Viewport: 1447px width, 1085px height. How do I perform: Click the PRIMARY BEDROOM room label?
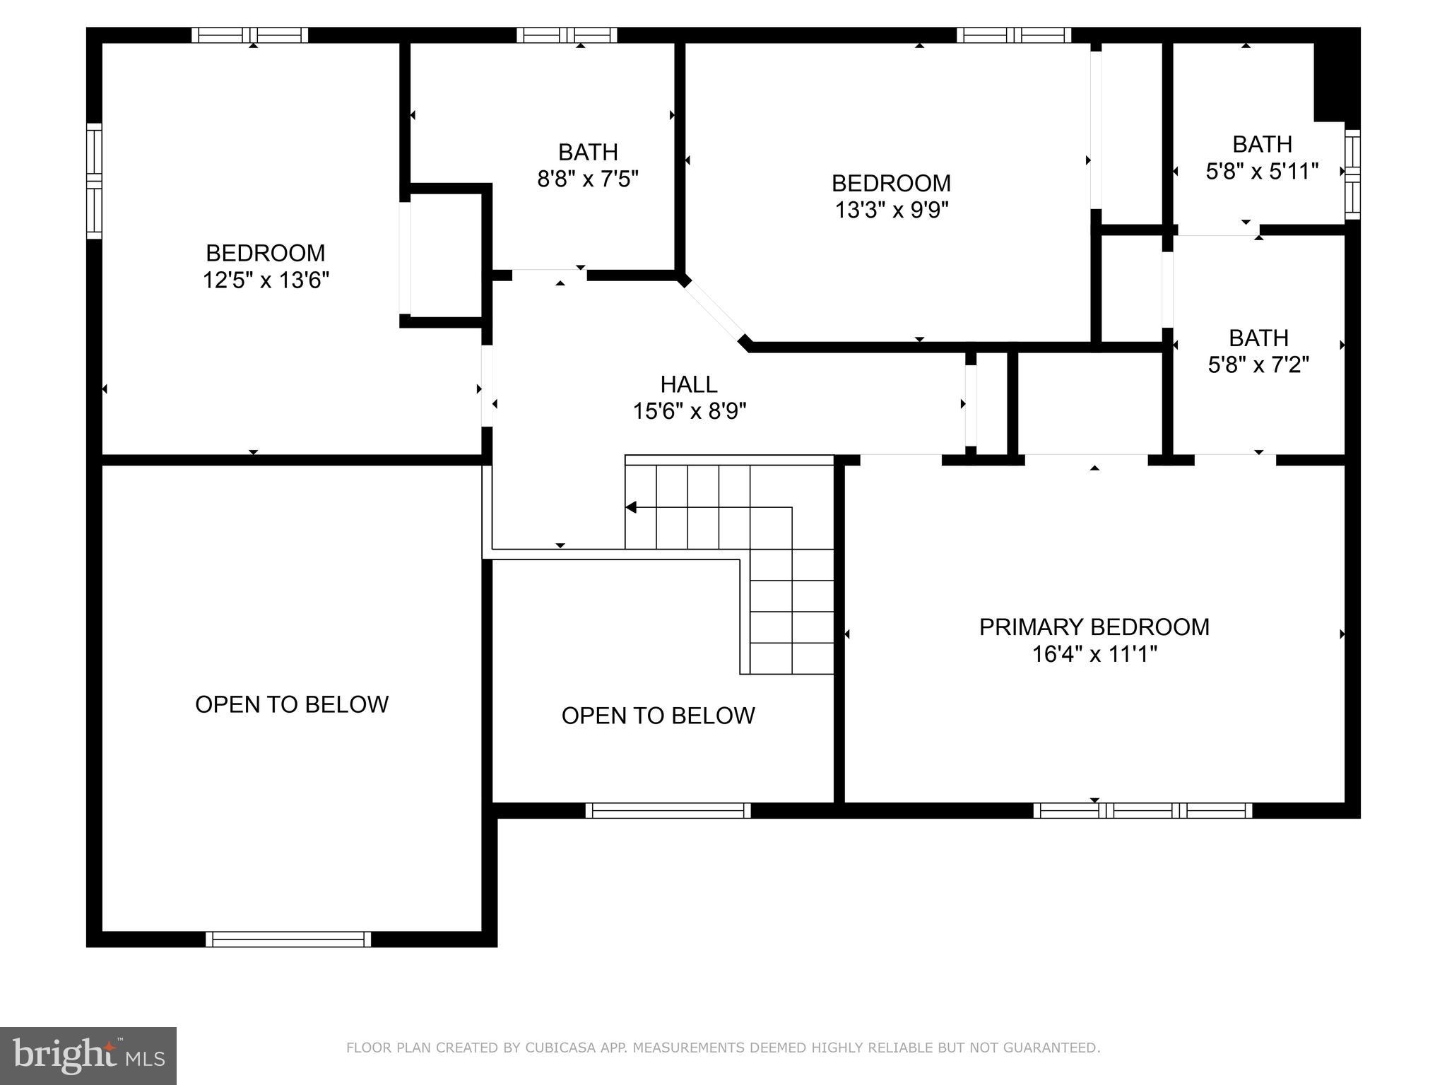[x=1094, y=627]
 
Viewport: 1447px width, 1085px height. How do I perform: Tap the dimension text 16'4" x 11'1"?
[x=1094, y=655]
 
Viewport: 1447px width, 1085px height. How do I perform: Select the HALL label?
[x=689, y=384]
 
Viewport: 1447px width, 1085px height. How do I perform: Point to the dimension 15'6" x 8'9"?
[x=689, y=411]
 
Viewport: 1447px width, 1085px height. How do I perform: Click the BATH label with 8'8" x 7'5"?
[x=588, y=152]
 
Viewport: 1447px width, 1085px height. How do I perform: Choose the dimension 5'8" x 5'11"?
[x=1262, y=172]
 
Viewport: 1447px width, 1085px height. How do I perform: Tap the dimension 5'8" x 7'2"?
[x=1258, y=365]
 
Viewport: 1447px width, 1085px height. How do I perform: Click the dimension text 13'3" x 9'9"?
[x=891, y=211]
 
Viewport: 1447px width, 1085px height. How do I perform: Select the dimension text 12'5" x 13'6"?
[x=266, y=280]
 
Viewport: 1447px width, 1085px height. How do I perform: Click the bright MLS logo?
[x=88, y=1056]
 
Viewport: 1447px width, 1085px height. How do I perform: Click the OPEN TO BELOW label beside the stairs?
[x=658, y=716]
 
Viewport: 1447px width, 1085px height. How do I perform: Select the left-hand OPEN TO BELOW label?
[x=291, y=704]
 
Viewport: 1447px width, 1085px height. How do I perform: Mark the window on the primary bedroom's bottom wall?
[x=1142, y=811]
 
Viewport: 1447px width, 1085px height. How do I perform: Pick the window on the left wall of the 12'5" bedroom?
[x=94, y=181]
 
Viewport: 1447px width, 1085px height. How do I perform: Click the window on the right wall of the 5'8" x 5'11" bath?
[x=1352, y=174]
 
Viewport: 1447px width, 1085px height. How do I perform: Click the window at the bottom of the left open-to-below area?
[x=288, y=939]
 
